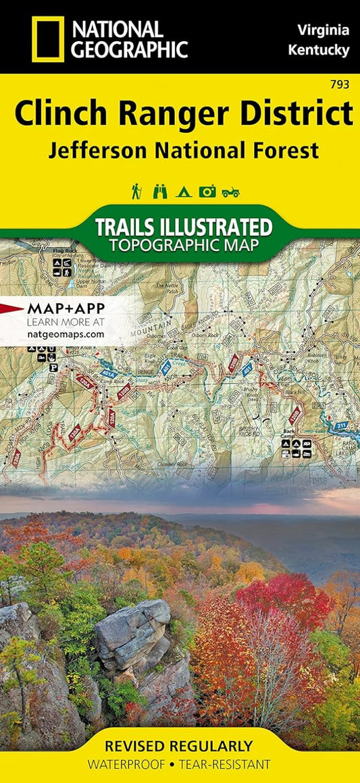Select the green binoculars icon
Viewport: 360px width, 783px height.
coord(160,192)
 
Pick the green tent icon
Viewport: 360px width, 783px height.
coord(183,192)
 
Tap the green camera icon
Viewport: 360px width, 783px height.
coord(207,192)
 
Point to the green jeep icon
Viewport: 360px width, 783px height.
coord(230,192)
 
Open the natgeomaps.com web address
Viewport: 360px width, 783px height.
coord(66,333)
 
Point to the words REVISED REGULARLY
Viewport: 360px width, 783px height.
coord(179,746)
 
